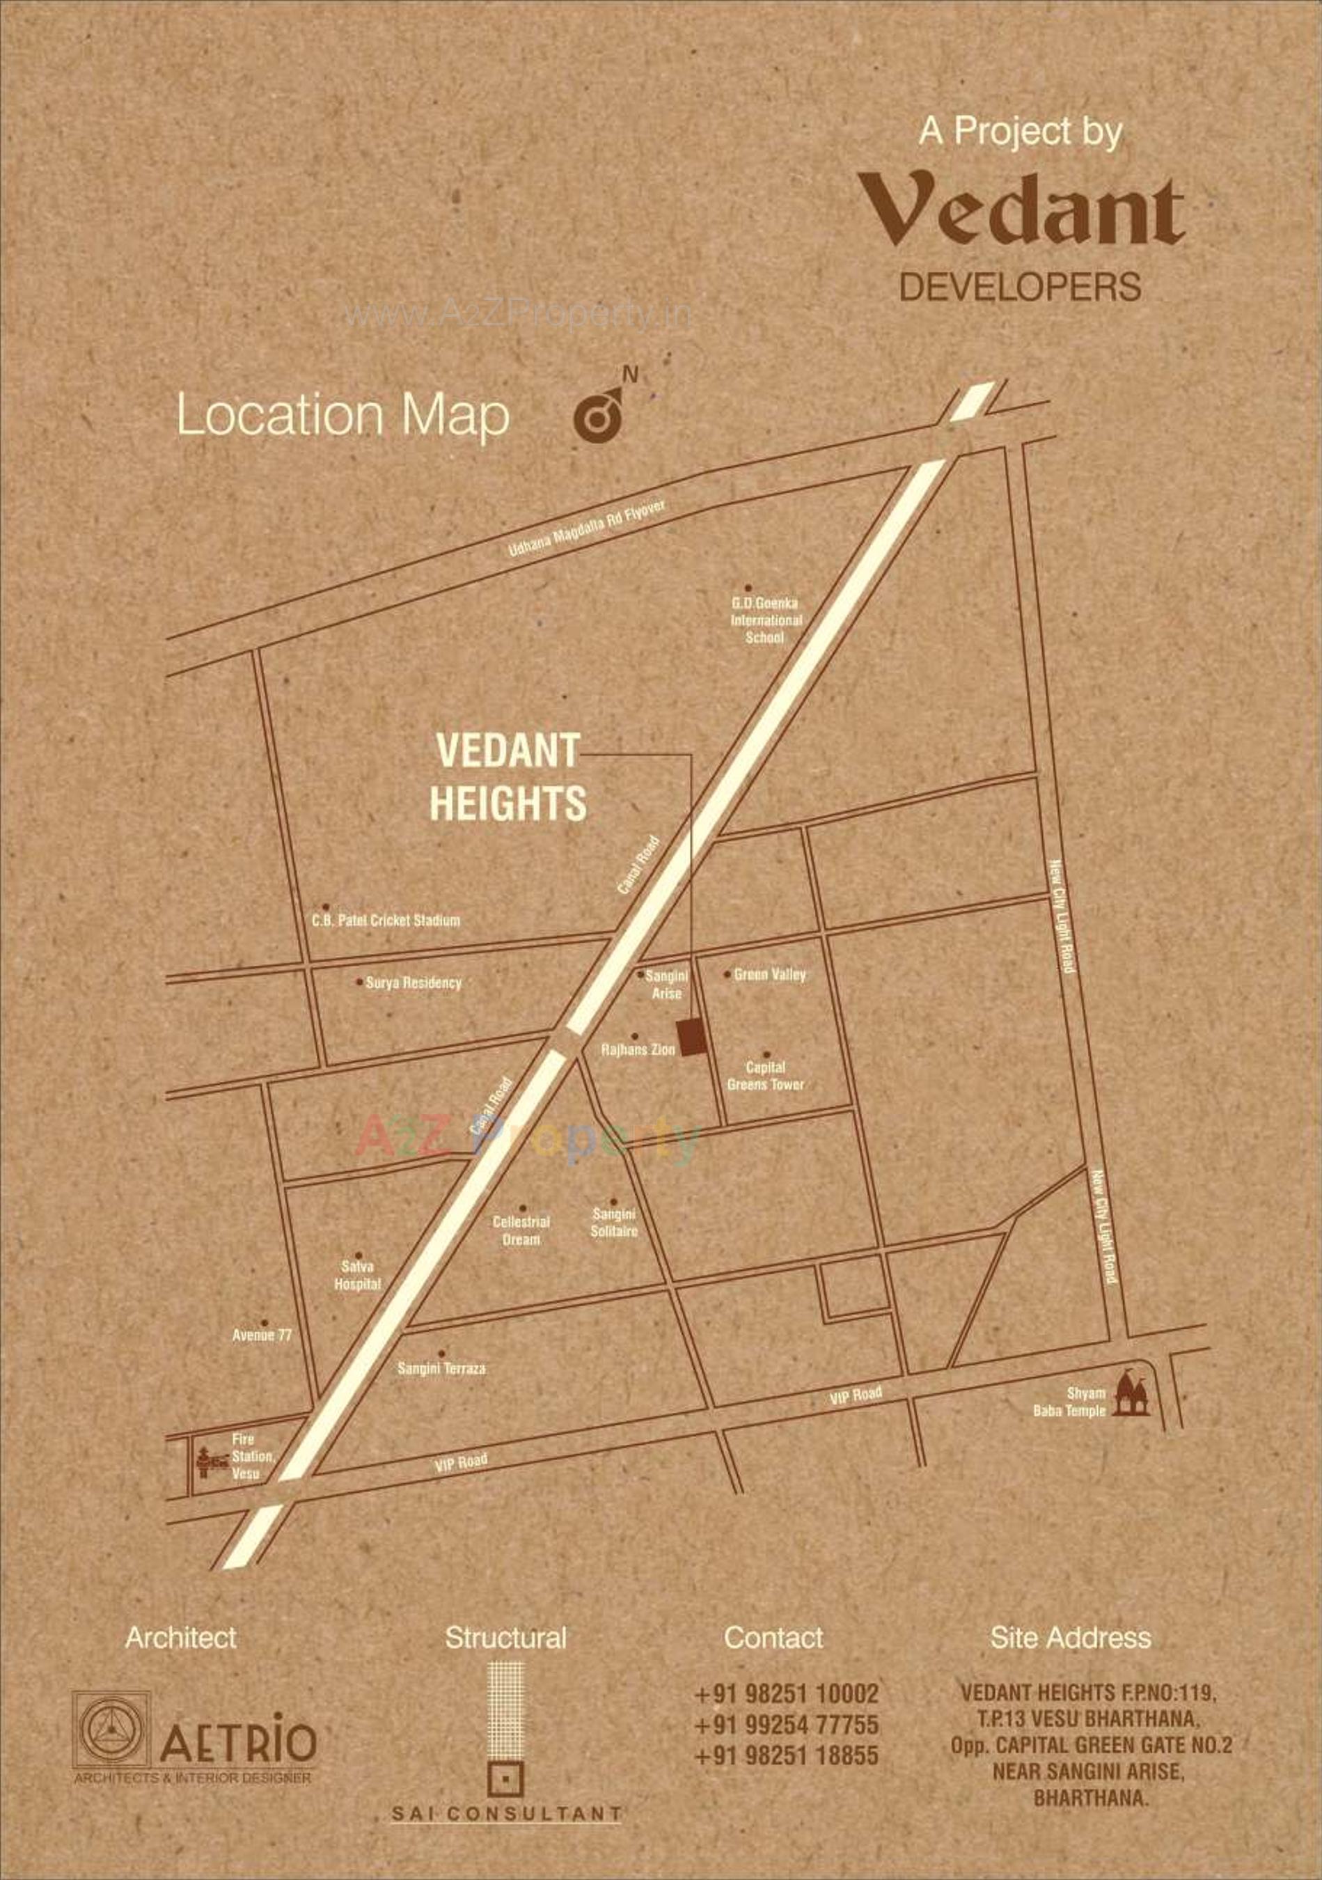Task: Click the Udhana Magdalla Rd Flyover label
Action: coord(586,528)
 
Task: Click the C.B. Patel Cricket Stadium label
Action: coord(385,921)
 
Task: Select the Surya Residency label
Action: coord(413,982)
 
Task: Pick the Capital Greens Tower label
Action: coord(765,1076)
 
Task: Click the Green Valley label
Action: coord(769,974)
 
